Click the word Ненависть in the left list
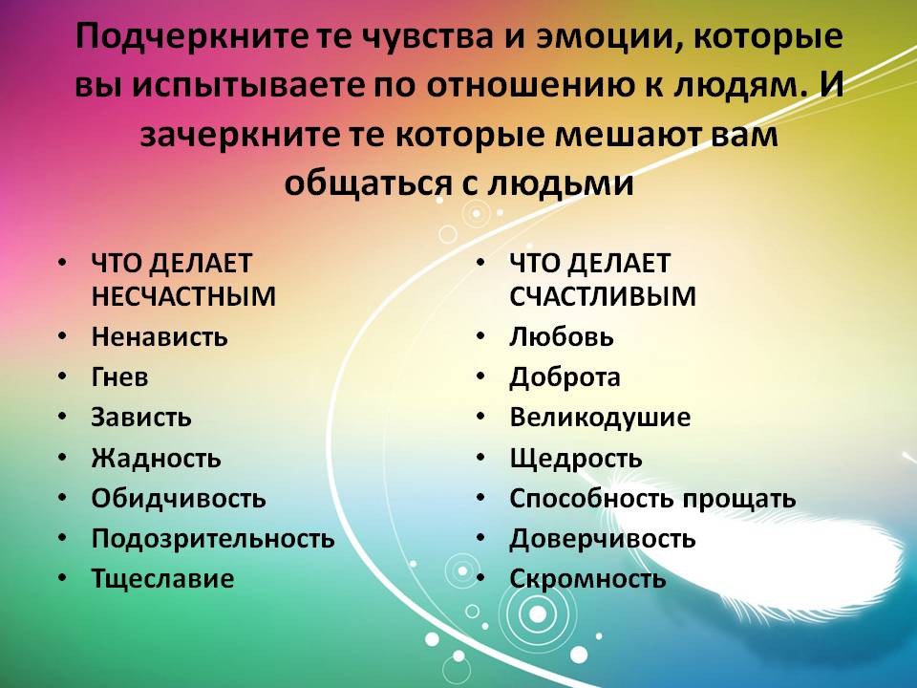[x=160, y=337]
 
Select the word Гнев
[x=120, y=377]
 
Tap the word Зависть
[x=141, y=418]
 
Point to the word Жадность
[x=156, y=458]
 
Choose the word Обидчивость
[x=179, y=499]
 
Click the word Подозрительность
[x=213, y=539]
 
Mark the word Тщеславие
[x=163, y=579]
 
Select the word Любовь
[x=562, y=337]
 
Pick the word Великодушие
[x=600, y=418]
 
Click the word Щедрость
[x=575, y=458]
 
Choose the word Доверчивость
[x=603, y=539]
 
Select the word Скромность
[x=587, y=579]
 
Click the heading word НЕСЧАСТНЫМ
[x=183, y=296]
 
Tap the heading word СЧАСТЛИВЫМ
[x=603, y=296]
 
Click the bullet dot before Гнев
[x=63, y=377]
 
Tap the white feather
[x=755, y=556]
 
